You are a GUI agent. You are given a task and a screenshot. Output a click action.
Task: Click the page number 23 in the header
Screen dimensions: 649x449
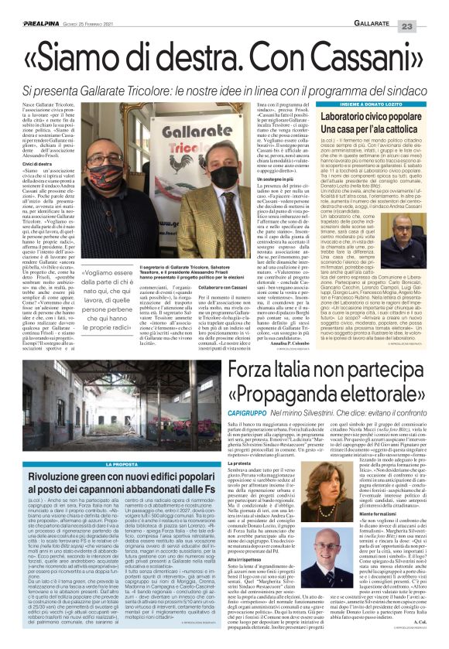coord(429,7)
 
